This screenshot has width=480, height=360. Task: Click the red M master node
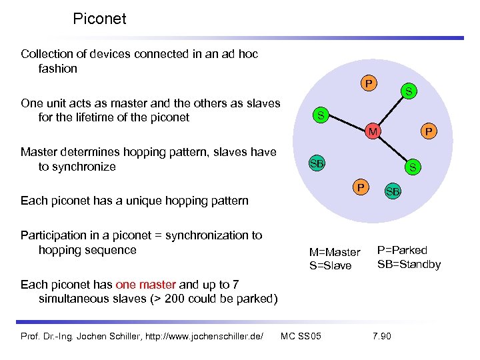tap(374, 132)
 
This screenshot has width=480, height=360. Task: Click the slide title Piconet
tap(99, 19)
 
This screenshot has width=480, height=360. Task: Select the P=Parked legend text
tap(402, 250)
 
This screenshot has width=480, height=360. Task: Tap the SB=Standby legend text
tap(409, 264)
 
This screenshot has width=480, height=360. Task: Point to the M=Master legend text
tap(334, 252)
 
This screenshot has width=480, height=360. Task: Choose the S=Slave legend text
tap(330, 266)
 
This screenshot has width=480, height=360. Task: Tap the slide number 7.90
tap(382, 335)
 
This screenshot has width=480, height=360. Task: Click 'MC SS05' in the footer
tap(301, 335)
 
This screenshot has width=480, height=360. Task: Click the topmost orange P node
tap(367, 84)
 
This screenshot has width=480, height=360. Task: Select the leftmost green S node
tap(321, 116)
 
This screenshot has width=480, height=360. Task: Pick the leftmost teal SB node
tap(317, 163)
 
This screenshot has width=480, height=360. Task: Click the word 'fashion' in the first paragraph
tap(58, 69)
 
